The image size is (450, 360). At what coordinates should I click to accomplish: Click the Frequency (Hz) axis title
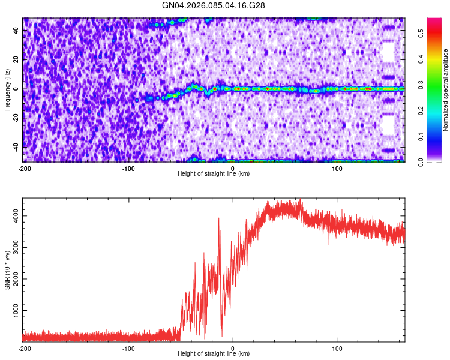(x=7, y=90)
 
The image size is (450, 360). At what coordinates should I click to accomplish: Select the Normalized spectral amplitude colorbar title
(x=446, y=90)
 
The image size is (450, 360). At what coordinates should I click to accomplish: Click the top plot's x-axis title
(x=214, y=173)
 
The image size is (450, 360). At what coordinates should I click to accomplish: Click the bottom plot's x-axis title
(x=214, y=354)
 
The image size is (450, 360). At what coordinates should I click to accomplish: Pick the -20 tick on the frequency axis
(x=16, y=118)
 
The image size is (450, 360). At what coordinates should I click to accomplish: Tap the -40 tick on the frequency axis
(x=16, y=146)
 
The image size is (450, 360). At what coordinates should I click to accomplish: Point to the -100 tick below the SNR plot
(x=128, y=348)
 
